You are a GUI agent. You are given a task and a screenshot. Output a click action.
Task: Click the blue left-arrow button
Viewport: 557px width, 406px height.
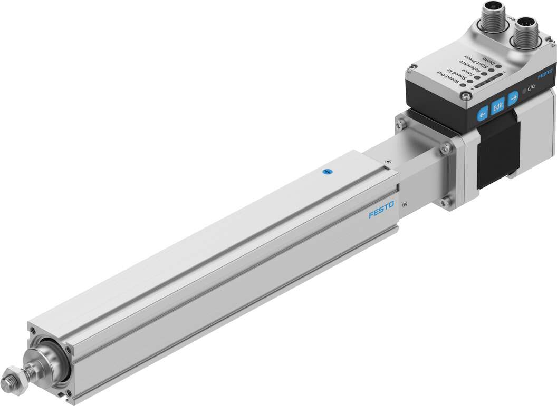point(482,115)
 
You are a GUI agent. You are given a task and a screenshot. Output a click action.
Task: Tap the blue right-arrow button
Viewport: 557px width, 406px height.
point(513,98)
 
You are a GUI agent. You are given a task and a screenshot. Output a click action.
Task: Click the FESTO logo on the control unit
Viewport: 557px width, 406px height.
point(545,73)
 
